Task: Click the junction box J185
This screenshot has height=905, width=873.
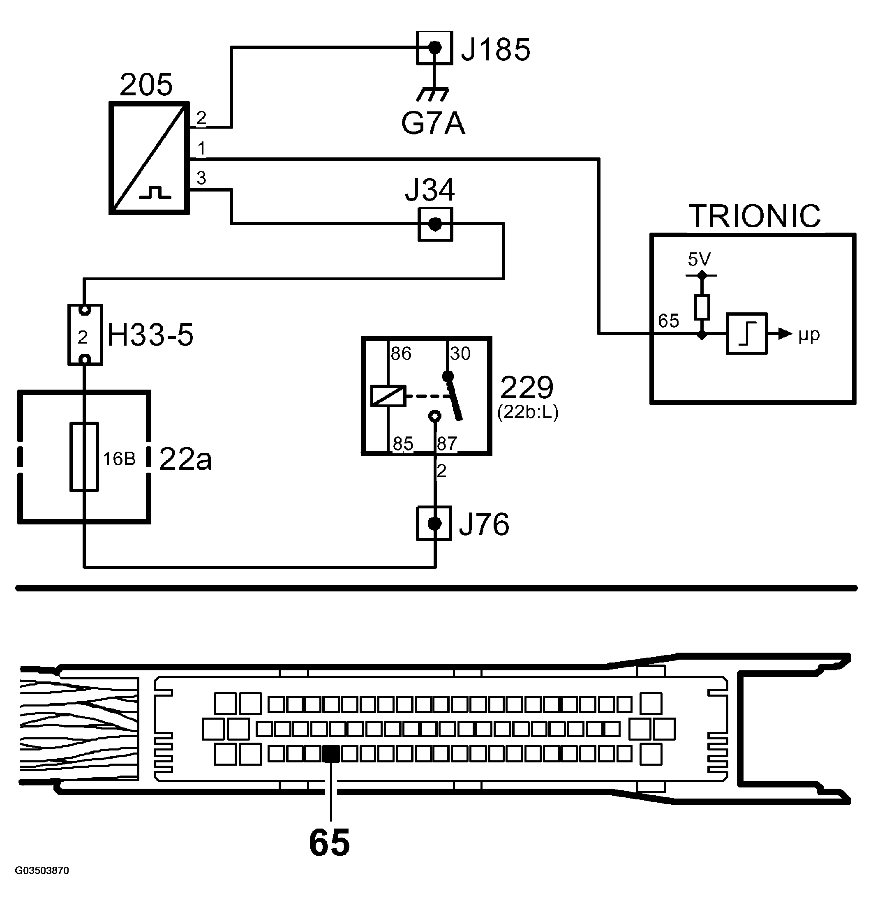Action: tap(434, 48)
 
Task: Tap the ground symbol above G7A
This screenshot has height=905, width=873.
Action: tap(432, 94)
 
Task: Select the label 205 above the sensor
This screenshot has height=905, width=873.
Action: tap(146, 85)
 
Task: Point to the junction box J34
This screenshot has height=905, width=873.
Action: tap(435, 224)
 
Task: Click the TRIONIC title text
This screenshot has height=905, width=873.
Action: tap(754, 216)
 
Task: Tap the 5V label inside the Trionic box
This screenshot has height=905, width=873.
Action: tap(699, 259)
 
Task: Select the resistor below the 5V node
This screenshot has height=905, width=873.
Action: tap(701, 307)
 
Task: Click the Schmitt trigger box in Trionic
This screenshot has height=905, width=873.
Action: tap(746, 334)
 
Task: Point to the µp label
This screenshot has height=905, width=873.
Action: tap(809, 334)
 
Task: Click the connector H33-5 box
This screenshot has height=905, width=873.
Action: tap(85, 335)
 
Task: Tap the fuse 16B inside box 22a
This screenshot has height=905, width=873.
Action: tap(84, 457)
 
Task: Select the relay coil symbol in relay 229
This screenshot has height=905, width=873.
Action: tap(388, 396)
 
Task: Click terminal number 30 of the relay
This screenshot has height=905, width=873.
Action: tap(460, 354)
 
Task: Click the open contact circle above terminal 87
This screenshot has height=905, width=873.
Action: tap(434, 416)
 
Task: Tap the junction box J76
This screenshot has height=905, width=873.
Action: tap(434, 523)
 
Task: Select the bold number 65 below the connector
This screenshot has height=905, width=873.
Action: tap(329, 843)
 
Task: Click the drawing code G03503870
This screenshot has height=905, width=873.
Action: tap(42, 871)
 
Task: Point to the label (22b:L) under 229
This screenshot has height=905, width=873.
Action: tap(528, 412)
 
